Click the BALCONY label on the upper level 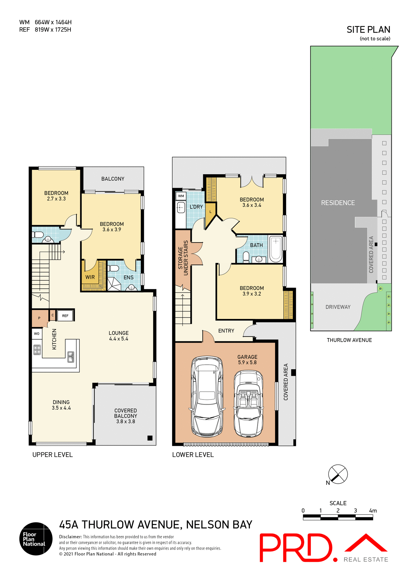[113, 179]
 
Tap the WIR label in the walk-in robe [90, 277]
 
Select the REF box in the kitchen [65, 316]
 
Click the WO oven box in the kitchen [37, 334]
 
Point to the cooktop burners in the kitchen [37, 350]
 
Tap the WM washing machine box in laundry [181, 196]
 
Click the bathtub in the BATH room [276, 249]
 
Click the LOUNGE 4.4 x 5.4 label [119, 336]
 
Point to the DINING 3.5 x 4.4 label [61, 405]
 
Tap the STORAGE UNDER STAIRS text [183, 258]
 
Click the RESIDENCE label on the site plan [338, 203]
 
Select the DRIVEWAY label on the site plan [338, 307]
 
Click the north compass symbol [338, 474]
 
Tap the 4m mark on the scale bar [373, 511]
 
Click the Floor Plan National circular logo [36, 539]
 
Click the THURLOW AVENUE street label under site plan [349, 340]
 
